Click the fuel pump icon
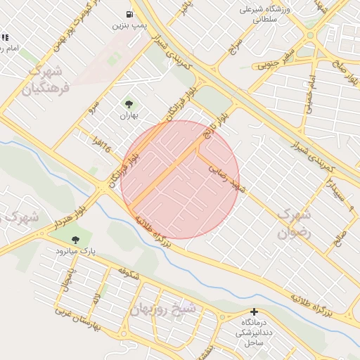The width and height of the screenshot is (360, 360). point(129,14)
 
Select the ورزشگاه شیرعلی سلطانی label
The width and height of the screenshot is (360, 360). point(260,15)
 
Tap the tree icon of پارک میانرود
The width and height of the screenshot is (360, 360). point(76,240)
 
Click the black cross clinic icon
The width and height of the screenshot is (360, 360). point(255,311)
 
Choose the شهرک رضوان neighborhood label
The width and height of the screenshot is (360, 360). point(293,223)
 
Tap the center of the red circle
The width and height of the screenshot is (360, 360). point(180,179)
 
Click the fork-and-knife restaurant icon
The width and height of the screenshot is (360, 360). point(5,37)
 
